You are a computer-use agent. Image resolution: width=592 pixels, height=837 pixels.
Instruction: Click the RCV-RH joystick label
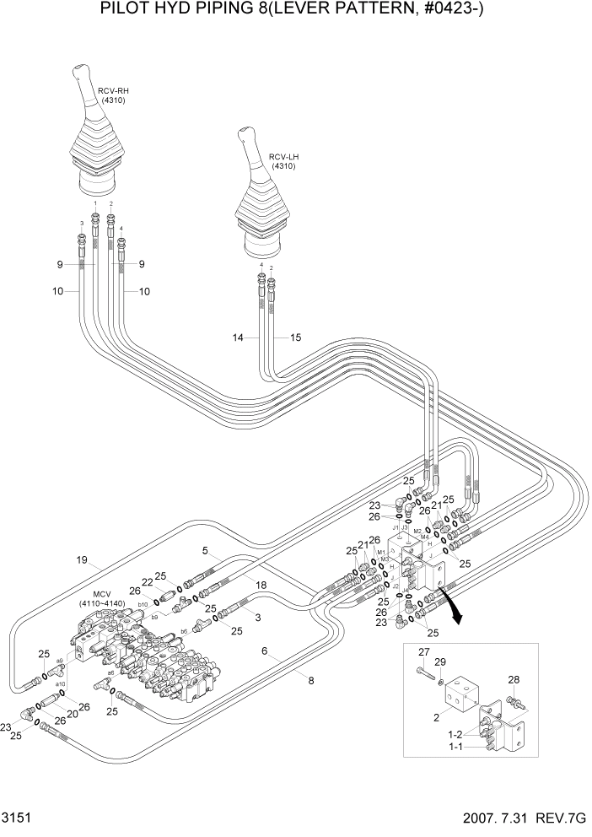click(112, 91)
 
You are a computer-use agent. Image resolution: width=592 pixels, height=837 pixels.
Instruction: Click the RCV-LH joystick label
click(283, 157)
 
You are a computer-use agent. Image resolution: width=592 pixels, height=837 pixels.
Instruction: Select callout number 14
click(239, 338)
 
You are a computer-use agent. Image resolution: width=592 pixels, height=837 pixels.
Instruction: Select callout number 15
click(295, 338)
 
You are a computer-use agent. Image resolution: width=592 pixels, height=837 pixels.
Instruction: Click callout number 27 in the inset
click(423, 651)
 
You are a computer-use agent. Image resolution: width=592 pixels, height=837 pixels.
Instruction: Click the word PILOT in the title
click(124, 11)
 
